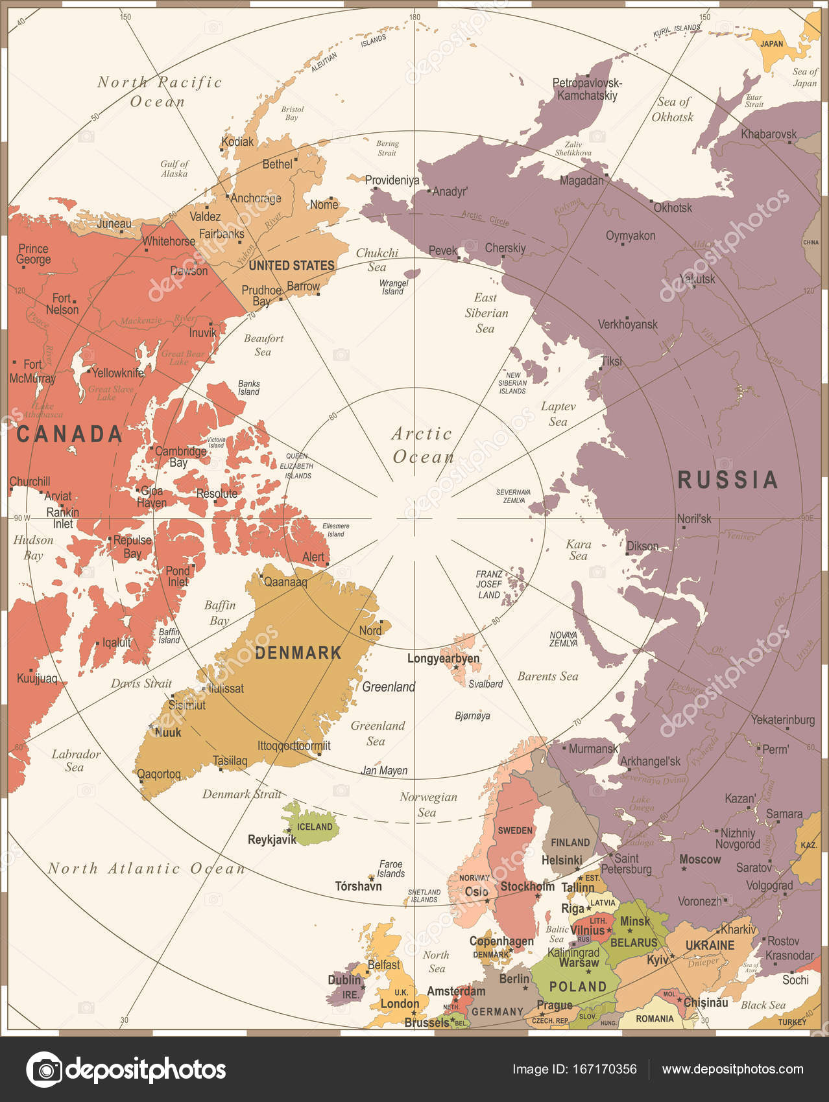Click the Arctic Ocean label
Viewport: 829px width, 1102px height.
(422, 445)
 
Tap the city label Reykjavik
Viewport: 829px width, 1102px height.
(272, 839)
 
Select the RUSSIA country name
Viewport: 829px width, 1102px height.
(727, 480)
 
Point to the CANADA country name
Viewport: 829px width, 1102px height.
(69, 434)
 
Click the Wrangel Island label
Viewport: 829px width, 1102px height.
(394, 287)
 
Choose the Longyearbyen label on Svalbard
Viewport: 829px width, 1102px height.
(444, 659)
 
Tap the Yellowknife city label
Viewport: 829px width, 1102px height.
(117, 373)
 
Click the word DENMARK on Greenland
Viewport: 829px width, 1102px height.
(298, 653)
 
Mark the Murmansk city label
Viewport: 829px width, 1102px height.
(593, 749)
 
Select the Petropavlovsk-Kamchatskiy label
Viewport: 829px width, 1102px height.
(587, 89)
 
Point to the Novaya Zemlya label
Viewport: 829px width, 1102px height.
(563, 639)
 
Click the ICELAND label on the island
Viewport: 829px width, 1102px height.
(315, 826)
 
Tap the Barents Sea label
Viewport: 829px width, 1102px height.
(547, 676)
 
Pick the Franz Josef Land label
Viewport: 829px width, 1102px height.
(489, 584)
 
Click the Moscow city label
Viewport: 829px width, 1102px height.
(700, 859)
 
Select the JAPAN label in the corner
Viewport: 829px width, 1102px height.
(771, 44)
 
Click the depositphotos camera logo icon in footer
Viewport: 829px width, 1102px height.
(44, 1070)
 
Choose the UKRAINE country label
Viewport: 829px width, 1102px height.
(710, 945)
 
